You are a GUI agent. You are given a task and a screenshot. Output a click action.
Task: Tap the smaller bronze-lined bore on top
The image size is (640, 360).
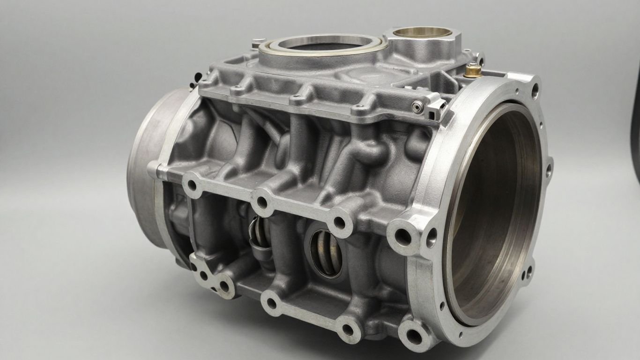pos(422,32)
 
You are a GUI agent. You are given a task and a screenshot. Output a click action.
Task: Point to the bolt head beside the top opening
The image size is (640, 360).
pos(255,45)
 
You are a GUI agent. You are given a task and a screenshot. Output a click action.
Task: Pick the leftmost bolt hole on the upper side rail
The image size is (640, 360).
pos(192,184)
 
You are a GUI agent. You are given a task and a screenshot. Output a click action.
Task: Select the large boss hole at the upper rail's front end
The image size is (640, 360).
pos(402,237)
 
